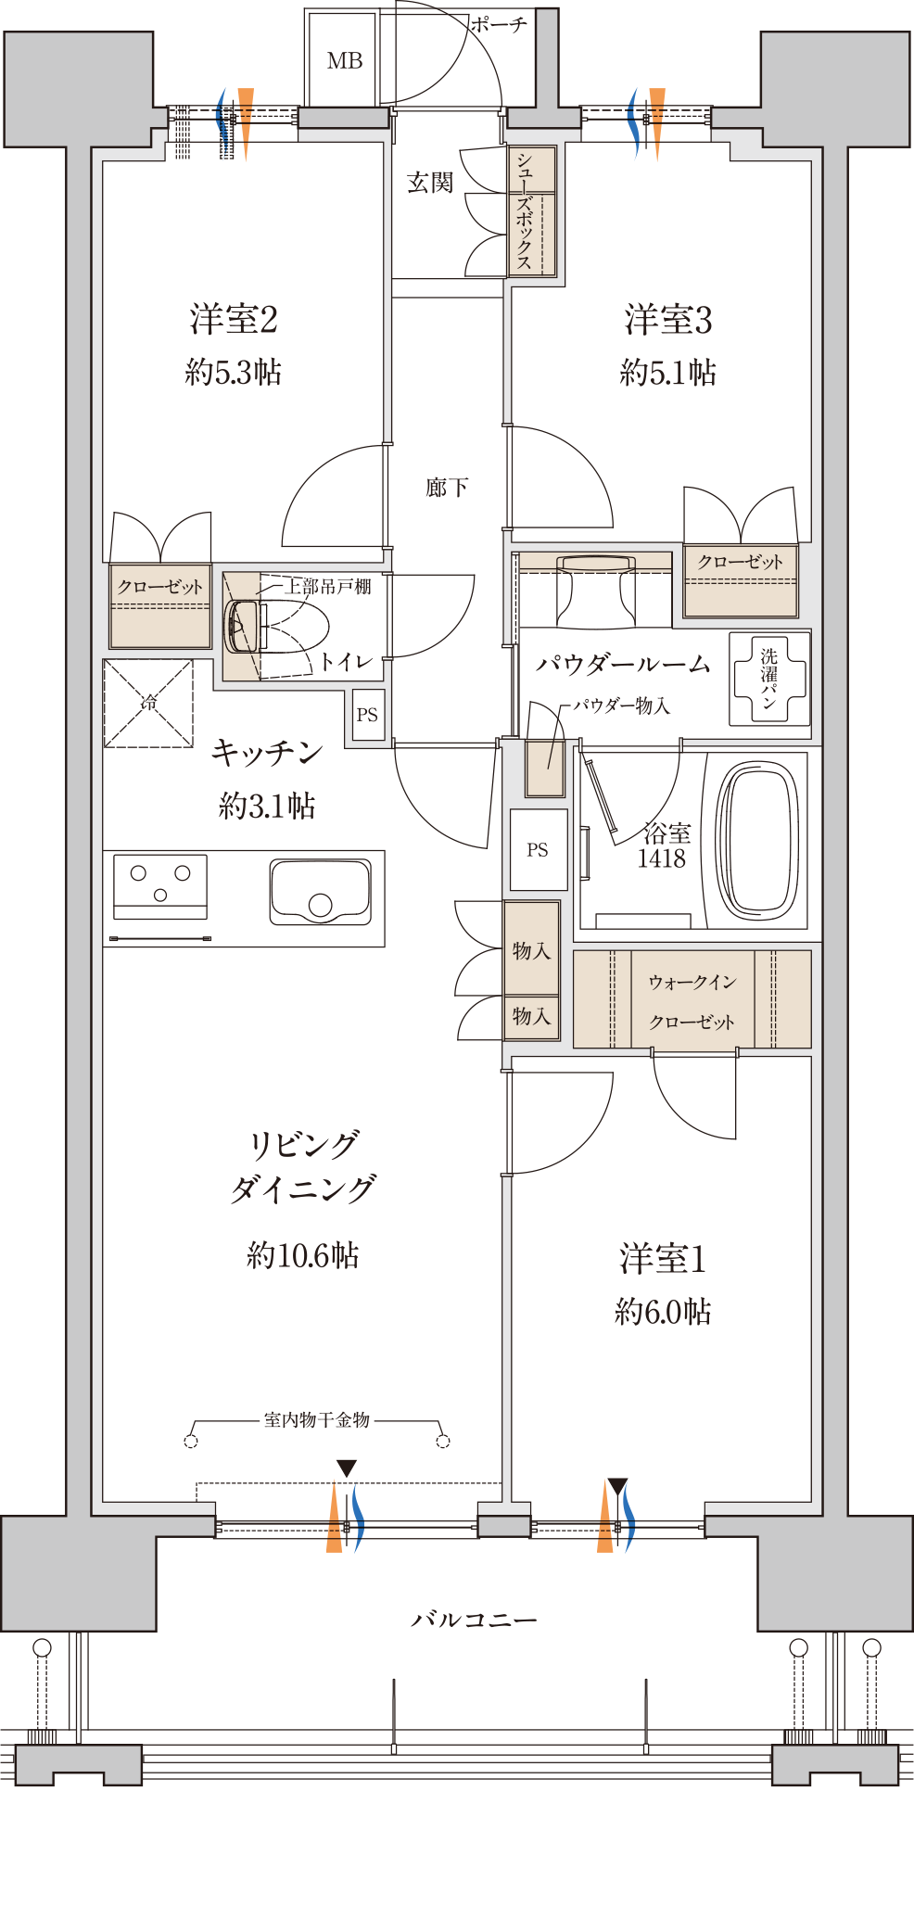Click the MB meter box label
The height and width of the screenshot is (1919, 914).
[x=344, y=61]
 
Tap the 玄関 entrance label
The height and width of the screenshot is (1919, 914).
[x=430, y=183]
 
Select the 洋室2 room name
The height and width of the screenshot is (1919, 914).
[x=234, y=319]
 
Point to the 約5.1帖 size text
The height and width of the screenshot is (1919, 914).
[x=667, y=373]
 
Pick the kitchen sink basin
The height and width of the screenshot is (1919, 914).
[x=321, y=892]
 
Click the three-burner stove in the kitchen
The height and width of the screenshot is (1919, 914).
[x=160, y=886]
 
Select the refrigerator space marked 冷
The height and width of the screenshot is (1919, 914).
[x=148, y=703]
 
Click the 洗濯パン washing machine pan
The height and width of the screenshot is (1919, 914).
[x=768, y=678]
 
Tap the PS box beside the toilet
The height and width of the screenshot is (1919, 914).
[x=368, y=715]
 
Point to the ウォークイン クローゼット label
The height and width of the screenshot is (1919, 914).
[x=692, y=1001]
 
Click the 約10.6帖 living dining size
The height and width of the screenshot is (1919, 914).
[x=303, y=1255]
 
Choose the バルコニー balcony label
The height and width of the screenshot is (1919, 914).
[x=474, y=1620]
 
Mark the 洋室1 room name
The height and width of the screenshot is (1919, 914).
[x=663, y=1259]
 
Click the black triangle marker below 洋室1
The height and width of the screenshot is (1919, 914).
[x=617, y=1486]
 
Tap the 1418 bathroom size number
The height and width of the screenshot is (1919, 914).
[x=661, y=859]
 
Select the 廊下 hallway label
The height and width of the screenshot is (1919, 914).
[x=447, y=488]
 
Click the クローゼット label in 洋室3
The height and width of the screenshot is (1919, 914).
[x=740, y=562]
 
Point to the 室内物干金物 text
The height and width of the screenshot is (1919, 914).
[x=317, y=1420]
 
